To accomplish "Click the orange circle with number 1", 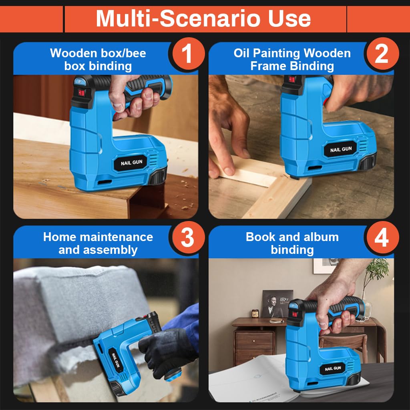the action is [188, 54].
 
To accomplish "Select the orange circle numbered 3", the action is [188, 237].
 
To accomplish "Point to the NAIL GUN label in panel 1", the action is [131, 163].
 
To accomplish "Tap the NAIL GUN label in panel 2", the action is [341, 149].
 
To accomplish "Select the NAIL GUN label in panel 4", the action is [333, 369].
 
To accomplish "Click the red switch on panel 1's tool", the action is [81, 92].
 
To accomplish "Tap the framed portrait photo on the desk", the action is [277, 303].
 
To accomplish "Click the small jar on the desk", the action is [255, 313].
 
